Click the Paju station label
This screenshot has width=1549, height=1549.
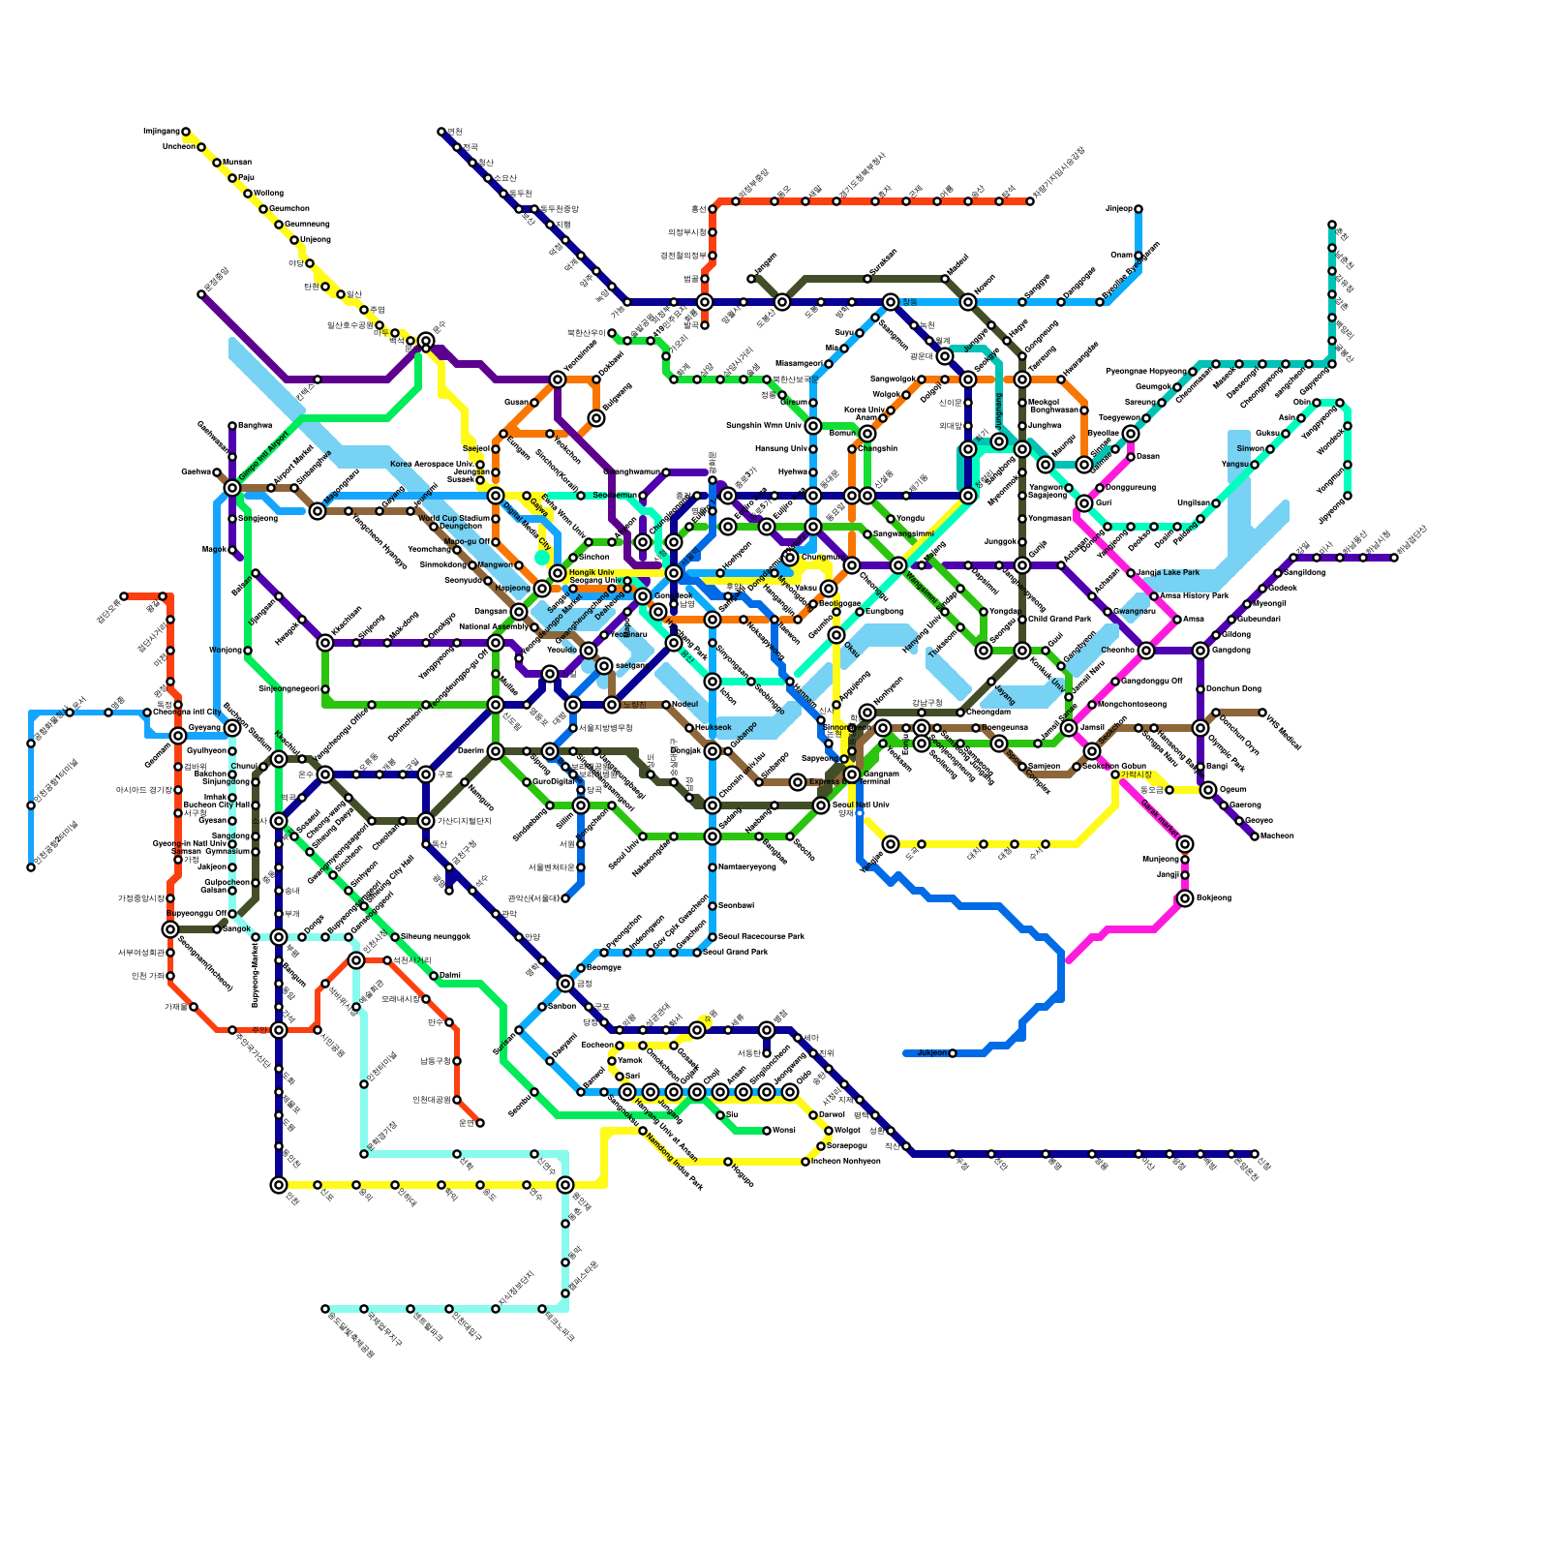click(x=246, y=178)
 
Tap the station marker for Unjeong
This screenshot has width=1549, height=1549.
click(x=294, y=240)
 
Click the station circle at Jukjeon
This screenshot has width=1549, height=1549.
click(x=953, y=1053)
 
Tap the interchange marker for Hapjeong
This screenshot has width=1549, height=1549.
click(x=542, y=589)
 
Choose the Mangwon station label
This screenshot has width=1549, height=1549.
click(x=495, y=564)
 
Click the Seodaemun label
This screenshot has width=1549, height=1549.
click(x=614, y=496)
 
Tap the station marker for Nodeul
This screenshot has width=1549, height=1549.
click(x=666, y=705)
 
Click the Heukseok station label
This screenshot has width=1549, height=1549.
click(x=714, y=728)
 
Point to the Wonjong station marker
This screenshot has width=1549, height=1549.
click(x=248, y=651)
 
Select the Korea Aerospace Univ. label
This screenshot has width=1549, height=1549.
click(x=432, y=465)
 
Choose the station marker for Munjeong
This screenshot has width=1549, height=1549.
click(x=1185, y=860)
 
